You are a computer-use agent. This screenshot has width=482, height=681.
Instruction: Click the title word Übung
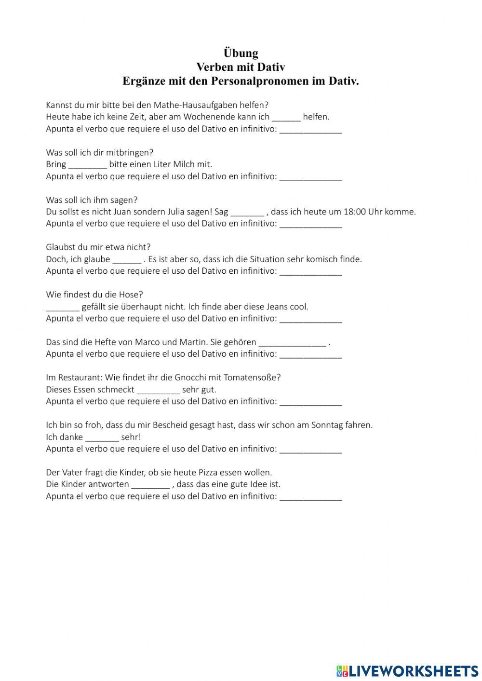coord(241,53)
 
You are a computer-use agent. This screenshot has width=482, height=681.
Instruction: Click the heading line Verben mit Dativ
coord(241,67)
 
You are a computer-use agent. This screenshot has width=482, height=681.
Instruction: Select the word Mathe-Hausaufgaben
coord(196,105)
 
